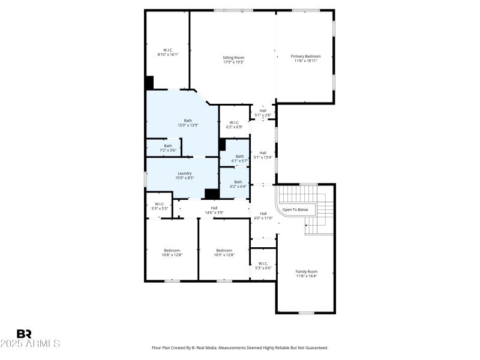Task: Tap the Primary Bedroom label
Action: point(305,58)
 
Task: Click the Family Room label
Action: point(306,274)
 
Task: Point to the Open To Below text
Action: point(295,210)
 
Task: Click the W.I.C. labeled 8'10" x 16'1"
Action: point(168,52)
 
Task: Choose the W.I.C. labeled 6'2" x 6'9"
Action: point(233,124)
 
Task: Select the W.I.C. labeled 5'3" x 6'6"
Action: point(263,265)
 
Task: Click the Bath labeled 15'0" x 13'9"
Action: point(188,122)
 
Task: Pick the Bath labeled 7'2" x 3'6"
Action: point(168,148)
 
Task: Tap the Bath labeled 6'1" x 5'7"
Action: point(239,158)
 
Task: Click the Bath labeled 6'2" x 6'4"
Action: point(238,184)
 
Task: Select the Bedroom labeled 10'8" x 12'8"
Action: point(172,253)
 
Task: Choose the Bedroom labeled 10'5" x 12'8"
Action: point(224,253)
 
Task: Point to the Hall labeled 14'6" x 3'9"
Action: point(214,209)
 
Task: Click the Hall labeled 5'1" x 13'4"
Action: point(262,155)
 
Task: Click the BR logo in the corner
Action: point(24,334)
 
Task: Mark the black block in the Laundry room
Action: point(211,193)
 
